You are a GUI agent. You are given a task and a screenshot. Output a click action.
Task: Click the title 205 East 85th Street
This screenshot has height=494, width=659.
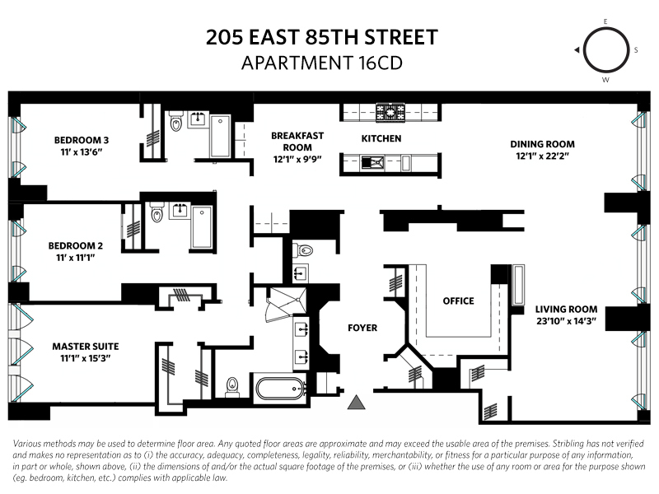pyautogui.click(x=321, y=38)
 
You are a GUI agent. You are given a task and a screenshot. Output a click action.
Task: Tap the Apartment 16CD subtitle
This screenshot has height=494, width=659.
pyautogui.click(x=321, y=63)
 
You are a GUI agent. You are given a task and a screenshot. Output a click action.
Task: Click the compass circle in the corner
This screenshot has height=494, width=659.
pyautogui.click(x=604, y=50)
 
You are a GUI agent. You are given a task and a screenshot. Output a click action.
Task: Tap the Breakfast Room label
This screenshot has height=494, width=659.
pyautogui.click(x=297, y=141)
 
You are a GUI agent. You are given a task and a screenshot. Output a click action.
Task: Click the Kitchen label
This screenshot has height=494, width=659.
pyautogui.click(x=381, y=138)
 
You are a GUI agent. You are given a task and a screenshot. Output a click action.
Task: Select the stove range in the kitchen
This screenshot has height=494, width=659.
pyautogui.click(x=387, y=110)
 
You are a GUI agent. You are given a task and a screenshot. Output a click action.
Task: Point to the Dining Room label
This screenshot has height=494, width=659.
pyautogui.click(x=541, y=144)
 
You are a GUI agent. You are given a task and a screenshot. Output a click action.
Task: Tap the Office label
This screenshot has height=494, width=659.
pyautogui.click(x=458, y=301)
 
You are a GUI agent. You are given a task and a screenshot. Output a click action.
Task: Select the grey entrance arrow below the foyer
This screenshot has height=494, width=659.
pyautogui.click(x=357, y=402)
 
